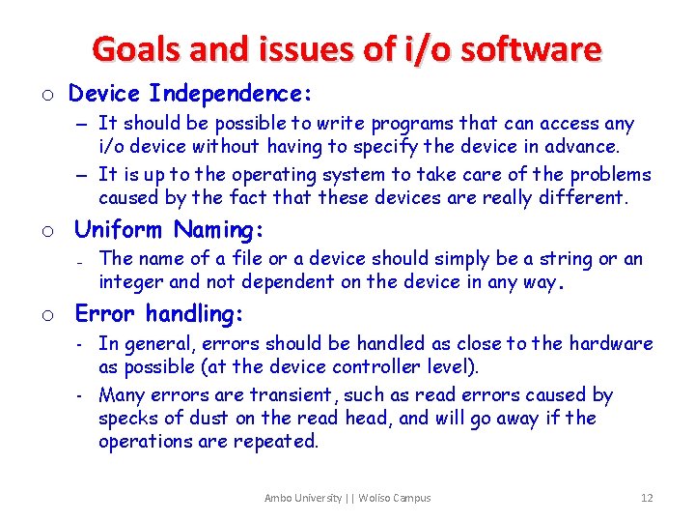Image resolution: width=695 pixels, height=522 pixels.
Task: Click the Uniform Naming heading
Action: coord(170,230)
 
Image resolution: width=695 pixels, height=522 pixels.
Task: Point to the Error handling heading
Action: coord(159,314)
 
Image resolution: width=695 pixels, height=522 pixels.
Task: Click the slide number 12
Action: coord(647,498)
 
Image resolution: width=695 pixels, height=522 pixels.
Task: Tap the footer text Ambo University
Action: coord(303,498)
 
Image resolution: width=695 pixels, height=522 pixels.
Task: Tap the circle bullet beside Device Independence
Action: coord(47,95)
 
